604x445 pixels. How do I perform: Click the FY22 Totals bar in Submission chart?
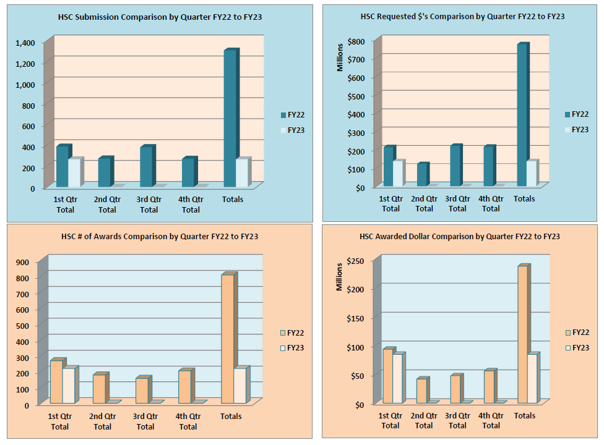(230, 117)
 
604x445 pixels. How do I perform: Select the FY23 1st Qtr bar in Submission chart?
(74, 173)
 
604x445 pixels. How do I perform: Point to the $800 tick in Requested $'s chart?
(361, 41)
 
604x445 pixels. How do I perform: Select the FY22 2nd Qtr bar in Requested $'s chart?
(421, 175)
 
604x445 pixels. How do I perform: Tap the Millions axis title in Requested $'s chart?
(340, 56)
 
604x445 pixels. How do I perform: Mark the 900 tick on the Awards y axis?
(23, 262)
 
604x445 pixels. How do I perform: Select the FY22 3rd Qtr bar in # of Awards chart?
(142, 391)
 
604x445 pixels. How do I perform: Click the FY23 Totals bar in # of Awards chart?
(239, 386)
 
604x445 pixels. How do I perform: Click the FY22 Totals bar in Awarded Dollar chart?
(522, 334)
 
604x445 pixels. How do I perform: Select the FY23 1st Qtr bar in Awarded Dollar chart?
(397, 379)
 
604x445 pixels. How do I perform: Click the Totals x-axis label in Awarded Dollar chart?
(525, 416)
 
